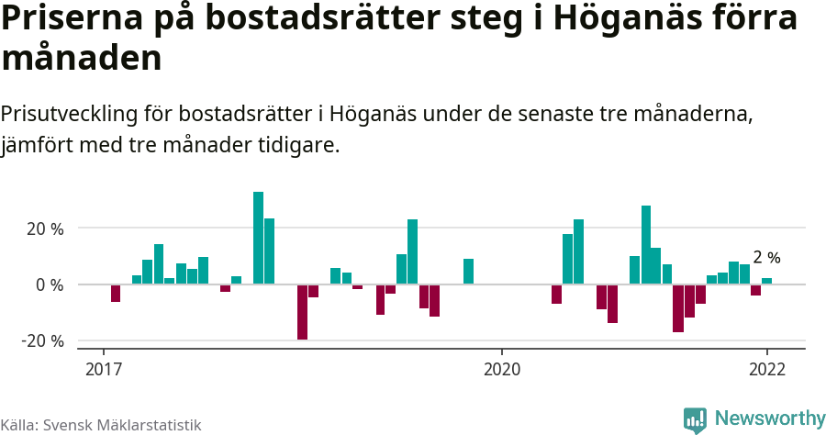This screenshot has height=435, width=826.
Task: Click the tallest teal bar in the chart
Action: pos(258,238)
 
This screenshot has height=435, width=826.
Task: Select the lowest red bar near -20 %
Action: pos(302,312)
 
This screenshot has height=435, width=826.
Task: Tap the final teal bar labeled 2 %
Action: pos(766,281)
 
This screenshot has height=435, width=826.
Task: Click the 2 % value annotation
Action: pos(766,258)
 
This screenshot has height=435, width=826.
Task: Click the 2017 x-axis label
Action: pos(104,370)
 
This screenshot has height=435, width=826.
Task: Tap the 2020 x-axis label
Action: pos(501,370)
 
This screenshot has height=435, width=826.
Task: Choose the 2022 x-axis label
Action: pos(766,370)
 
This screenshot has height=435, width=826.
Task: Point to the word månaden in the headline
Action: pos(82,58)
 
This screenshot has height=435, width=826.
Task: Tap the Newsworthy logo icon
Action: pos(695,419)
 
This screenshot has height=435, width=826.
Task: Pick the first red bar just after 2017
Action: pos(116,293)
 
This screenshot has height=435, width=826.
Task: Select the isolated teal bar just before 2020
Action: pos(468,272)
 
